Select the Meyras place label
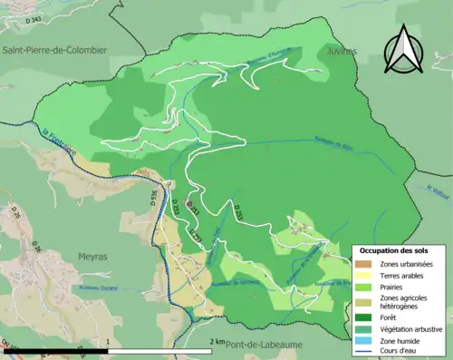[92, 257]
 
